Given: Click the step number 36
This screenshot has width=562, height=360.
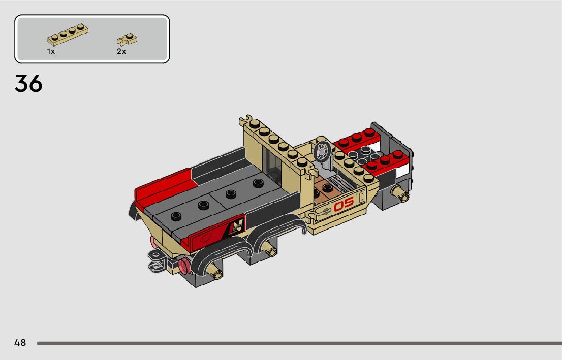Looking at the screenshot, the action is pyautogui.click(x=28, y=84).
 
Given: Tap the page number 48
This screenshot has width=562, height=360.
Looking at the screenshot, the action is pyautogui.click(x=20, y=343).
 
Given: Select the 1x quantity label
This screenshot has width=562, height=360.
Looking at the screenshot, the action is pyautogui.click(x=51, y=52).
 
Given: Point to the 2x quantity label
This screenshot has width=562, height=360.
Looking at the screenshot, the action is pyautogui.click(x=121, y=52).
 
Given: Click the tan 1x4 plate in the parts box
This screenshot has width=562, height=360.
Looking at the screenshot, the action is pyautogui.click(x=68, y=35).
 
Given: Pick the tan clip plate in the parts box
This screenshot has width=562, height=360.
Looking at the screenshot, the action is pyautogui.click(x=127, y=39).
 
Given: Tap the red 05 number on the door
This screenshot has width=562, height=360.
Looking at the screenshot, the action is pyautogui.click(x=344, y=204).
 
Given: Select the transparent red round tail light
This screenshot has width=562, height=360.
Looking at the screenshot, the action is pyautogui.click(x=184, y=266).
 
